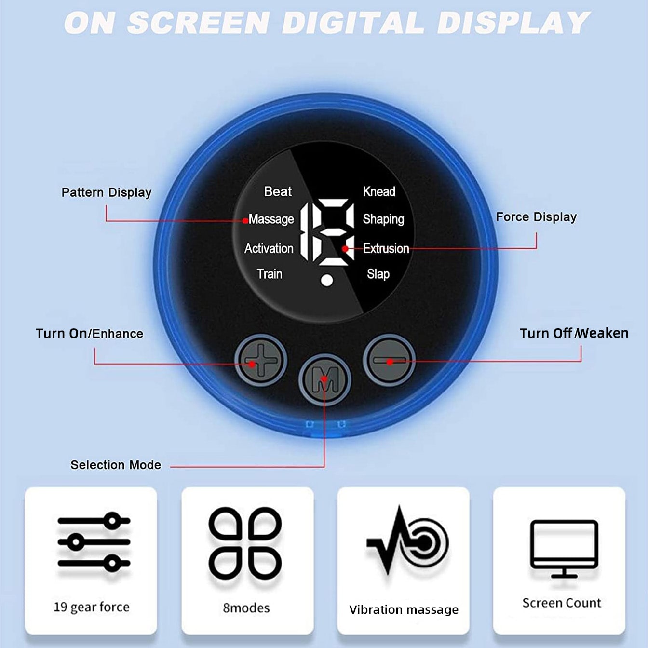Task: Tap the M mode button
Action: pyautogui.click(x=324, y=379)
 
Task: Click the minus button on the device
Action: pyautogui.click(x=389, y=361)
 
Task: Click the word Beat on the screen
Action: pyautogui.click(x=278, y=191)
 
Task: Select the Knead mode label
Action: pyautogui.click(x=379, y=191)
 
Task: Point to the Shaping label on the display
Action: pyautogui.click(x=383, y=219)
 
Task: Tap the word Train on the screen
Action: pyautogui.click(x=270, y=274)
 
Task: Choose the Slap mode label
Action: pyautogui.click(x=378, y=274)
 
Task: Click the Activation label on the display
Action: pyautogui.click(x=269, y=248)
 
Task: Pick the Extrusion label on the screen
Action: pyautogui.click(x=386, y=248)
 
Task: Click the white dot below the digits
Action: pyautogui.click(x=327, y=281)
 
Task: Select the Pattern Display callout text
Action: pyautogui.click(x=107, y=193)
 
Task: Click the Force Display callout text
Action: pyautogui.click(x=536, y=217)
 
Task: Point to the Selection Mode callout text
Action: pyautogui.click(x=116, y=465)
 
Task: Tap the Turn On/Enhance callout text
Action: pyautogui.click(x=90, y=334)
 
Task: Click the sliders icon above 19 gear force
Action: pyautogui.click(x=94, y=542)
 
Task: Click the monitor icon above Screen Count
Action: pyautogui.click(x=564, y=549)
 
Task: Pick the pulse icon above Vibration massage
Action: pyautogui.click(x=407, y=540)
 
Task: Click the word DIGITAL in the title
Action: pyautogui.click(x=353, y=23)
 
